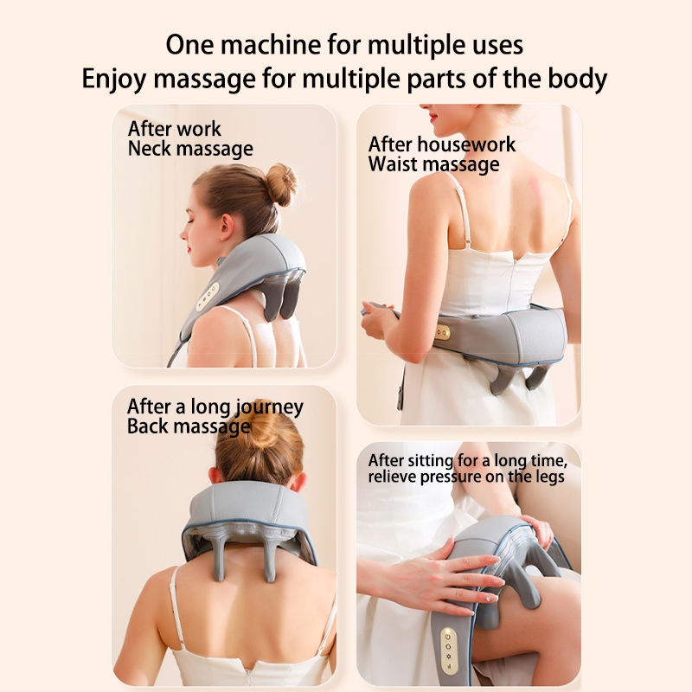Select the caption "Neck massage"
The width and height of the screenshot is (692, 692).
(190, 149)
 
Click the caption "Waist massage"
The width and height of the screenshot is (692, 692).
(434, 164)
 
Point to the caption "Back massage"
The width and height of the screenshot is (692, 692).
(189, 426)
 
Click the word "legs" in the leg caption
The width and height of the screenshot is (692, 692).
(548, 477)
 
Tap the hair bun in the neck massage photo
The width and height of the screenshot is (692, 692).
(281, 184)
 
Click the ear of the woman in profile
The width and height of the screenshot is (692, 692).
(226, 227)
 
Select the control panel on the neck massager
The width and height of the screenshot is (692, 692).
(208, 297)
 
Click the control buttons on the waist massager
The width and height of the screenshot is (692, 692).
(442, 332)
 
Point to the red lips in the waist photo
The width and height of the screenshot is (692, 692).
(434, 118)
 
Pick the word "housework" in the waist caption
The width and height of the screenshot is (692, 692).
(466, 144)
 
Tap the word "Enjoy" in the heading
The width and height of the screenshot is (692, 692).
(114, 80)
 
